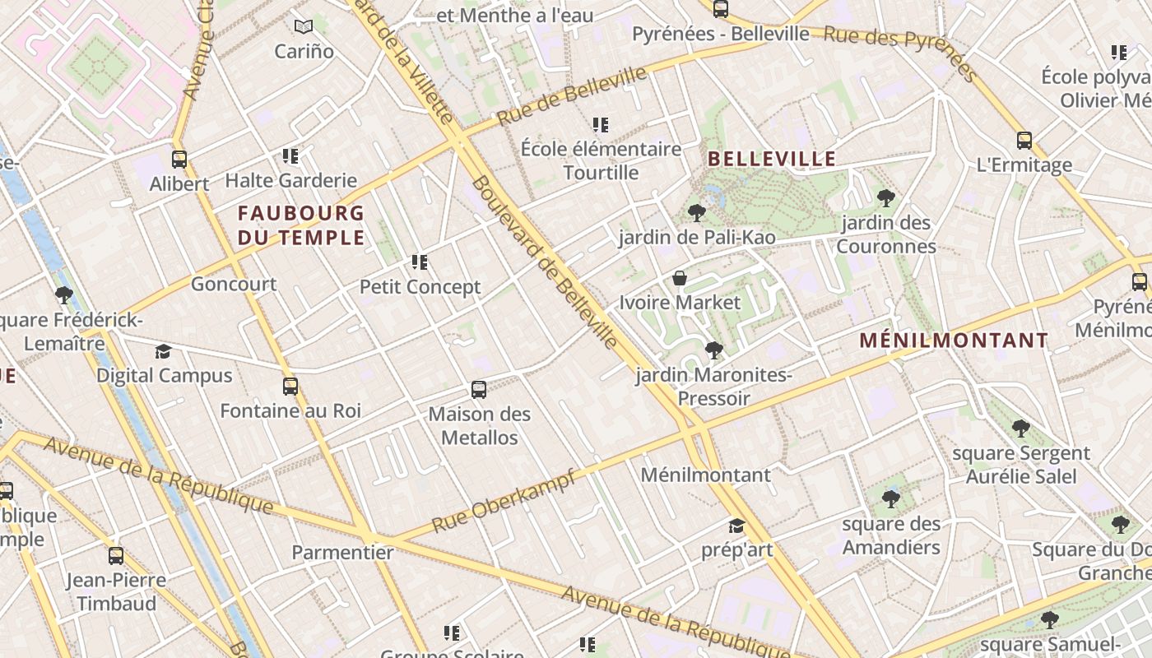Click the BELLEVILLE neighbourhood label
(x=772, y=160)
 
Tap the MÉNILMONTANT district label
(x=954, y=341)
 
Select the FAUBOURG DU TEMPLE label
(x=301, y=226)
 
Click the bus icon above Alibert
(x=179, y=160)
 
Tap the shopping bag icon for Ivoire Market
(x=680, y=279)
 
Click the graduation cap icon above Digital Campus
(x=164, y=352)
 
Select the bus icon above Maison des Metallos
(x=479, y=390)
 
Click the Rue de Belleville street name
(x=572, y=96)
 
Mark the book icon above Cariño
(x=304, y=26)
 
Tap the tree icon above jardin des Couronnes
(x=885, y=198)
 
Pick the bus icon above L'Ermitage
(x=1024, y=141)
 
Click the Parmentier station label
(x=342, y=552)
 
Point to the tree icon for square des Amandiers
(x=890, y=499)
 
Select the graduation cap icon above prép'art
(x=736, y=526)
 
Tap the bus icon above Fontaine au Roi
(x=290, y=387)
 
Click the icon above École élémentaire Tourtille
(x=601, y=125)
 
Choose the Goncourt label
(x=234, y=284)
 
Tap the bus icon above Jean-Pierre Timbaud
(x=116, y=556)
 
